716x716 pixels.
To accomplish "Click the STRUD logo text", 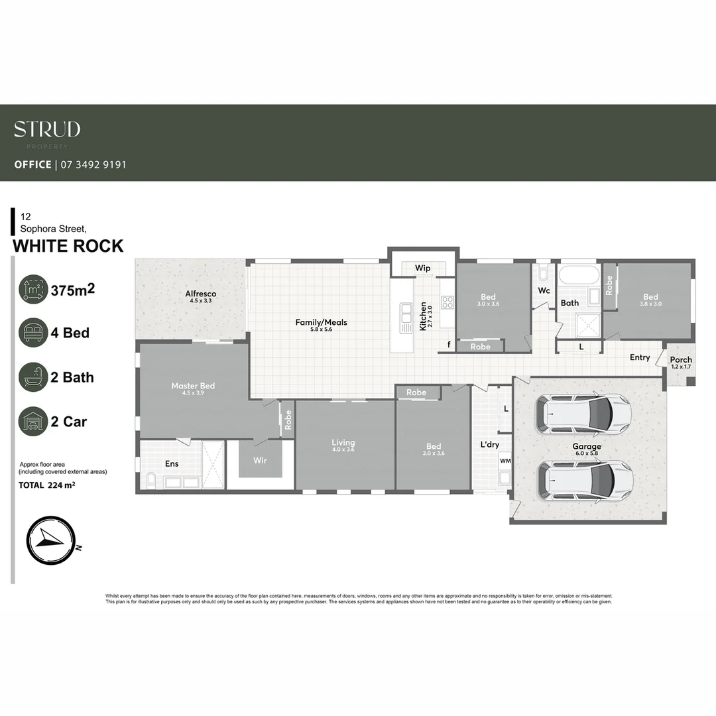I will (x=47, y=129).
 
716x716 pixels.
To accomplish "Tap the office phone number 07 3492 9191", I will (x=93, y=164).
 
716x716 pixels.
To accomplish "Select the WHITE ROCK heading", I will (x=68, y=246).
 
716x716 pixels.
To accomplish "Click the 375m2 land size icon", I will (x=33, y=290).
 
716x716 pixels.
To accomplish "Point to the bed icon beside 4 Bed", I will (x=33, y=333).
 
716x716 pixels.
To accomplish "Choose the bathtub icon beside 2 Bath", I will (x=33, y=377).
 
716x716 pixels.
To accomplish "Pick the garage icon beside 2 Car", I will (x=33, y=422).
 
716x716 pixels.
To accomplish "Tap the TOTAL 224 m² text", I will (x=47, y=485).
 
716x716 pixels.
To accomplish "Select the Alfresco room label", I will (x=200, y=294).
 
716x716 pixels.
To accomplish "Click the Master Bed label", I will (x=193, y=386).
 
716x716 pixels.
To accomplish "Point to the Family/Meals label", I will (x=321, y=323).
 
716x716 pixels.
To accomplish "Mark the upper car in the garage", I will (x=582, y=412).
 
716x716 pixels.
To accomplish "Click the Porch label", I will (x=681, y=360).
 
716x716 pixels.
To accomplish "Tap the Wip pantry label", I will (x=422, y=268).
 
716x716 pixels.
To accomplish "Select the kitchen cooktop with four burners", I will (x=447, y=303).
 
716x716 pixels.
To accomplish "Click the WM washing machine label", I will (x=505, y=460).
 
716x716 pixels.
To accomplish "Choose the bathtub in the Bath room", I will (x=578, y=274).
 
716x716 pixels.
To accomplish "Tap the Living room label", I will (x=343, y=443).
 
